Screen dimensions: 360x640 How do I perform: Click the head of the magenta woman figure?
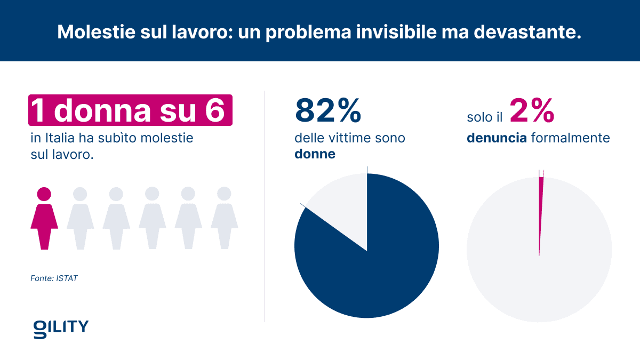(x=44, y=194)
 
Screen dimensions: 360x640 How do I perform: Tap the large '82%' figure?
(x=328, y=110)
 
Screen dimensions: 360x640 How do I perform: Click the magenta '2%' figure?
(x=532, y=110)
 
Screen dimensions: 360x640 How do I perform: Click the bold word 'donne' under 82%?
(x=315, y=155)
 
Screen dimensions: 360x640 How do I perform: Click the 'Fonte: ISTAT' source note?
(x=54, y=278)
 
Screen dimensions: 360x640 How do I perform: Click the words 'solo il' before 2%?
(x=484, y=117)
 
